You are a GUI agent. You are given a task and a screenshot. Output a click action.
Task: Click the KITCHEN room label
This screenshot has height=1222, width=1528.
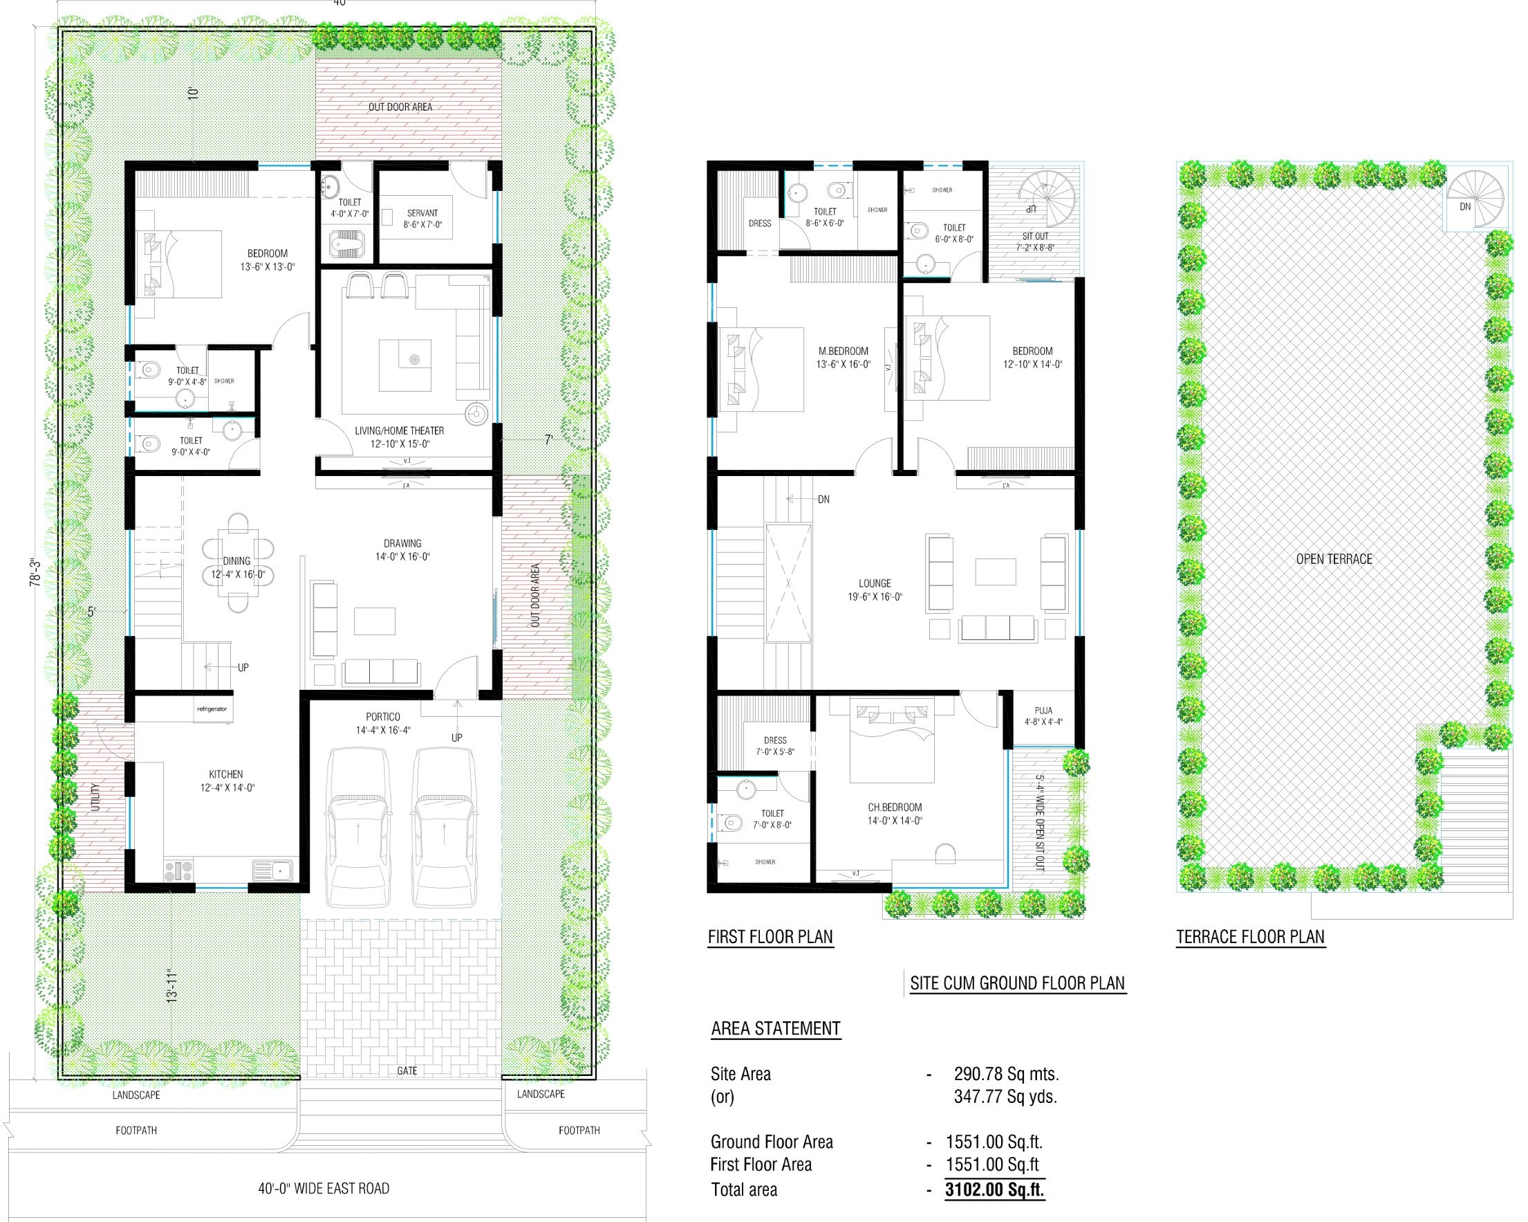[x=225, y=774]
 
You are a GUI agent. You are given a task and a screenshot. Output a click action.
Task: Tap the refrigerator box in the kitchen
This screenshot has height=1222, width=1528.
[x=212, y=709]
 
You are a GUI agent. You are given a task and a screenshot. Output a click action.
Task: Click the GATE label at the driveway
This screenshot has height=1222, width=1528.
[x=407, y=1071]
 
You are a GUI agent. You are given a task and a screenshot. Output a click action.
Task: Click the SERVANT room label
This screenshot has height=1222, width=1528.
[x=422, y=212]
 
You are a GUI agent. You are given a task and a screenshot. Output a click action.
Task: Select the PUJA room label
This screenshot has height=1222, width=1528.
[x=1043, y=710]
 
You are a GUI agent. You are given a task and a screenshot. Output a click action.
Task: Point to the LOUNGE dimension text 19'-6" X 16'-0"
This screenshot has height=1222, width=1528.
[x=875, y=597]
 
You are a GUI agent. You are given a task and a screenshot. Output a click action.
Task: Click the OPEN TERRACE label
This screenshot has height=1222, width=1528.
[x=1334, y=559]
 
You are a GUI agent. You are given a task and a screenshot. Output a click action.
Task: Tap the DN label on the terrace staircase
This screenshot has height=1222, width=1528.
[x=1465, y=207]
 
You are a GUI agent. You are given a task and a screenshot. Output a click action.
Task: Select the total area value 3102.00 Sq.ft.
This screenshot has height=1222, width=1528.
[x=994, y=1189]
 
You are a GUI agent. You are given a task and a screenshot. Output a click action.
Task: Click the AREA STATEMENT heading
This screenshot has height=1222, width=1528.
[x=775, y=1028]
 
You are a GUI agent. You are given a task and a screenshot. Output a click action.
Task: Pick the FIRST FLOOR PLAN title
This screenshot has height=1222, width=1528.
[x=770, y=937]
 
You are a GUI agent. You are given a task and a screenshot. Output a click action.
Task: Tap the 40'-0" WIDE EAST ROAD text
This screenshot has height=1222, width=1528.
[x=323, y=1188]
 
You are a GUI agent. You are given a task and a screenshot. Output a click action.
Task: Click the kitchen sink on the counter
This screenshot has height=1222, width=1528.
[x=273, y=870]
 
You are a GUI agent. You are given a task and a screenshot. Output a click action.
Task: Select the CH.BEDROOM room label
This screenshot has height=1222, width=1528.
[x=895, y=807]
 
